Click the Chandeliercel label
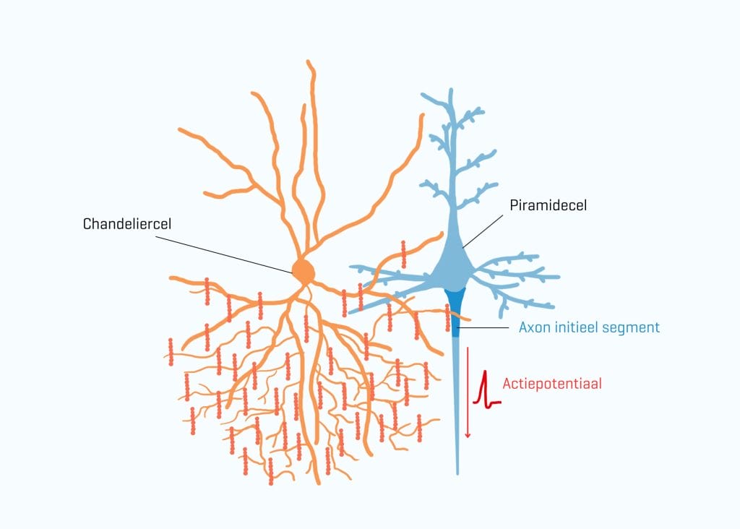point(127,224)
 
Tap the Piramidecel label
point(548,205)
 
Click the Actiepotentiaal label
point(552,383)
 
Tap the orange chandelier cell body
point(303,271)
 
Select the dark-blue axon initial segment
point(455,311)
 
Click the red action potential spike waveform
point(484,391)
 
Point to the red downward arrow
point(468,392)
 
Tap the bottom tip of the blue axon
point(457,473)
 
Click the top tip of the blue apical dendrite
point(451,89)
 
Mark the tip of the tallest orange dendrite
point(308,61)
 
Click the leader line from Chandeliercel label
point(224,255)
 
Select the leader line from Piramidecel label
point(483,231)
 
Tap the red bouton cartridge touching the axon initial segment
point(447,317)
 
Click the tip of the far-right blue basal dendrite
point(558,277)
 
